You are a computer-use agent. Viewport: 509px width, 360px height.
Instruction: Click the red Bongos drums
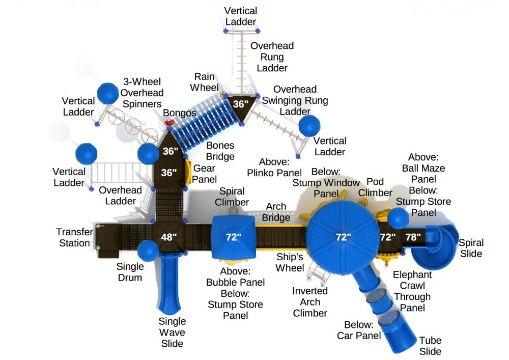coord(169,124)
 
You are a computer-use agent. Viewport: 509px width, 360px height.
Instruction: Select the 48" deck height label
coord(169,237)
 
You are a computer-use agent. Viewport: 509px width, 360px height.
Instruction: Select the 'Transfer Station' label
coord(75,237)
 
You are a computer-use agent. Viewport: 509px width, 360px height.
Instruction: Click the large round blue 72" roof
coord(343,236)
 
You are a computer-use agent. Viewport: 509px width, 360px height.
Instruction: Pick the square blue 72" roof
coord(233,236)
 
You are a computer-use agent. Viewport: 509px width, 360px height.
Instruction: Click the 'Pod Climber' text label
coord(376,187)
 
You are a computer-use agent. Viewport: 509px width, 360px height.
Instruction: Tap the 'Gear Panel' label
coord(204,174)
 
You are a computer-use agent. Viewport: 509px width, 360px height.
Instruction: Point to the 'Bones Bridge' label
coord(220,151)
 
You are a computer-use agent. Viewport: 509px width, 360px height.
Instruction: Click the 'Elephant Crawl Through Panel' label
coord(412,291)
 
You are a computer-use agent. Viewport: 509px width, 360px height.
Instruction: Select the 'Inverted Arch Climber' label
coord(310,302)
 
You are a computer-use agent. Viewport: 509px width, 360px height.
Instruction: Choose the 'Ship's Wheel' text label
coord(290,262)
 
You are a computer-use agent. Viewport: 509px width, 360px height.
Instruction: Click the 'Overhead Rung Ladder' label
coord(272,57)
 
